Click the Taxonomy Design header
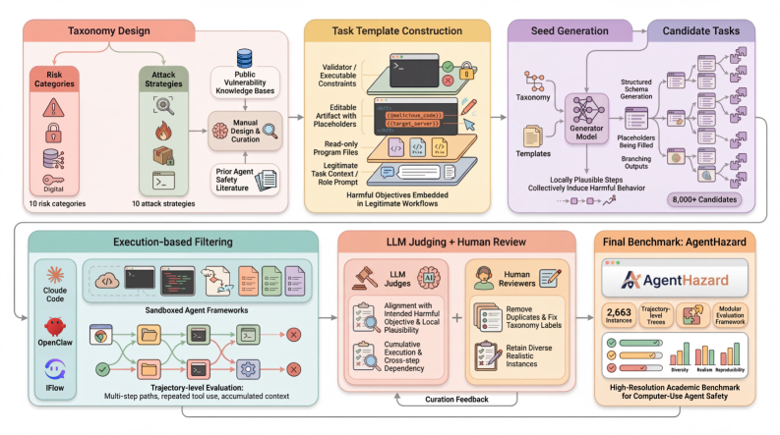click(108, 30)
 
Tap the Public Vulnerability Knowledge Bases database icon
click(245, 60)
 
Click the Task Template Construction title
click(397, 30)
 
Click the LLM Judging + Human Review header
click(455, 243)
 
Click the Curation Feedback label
click(455, 399)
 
